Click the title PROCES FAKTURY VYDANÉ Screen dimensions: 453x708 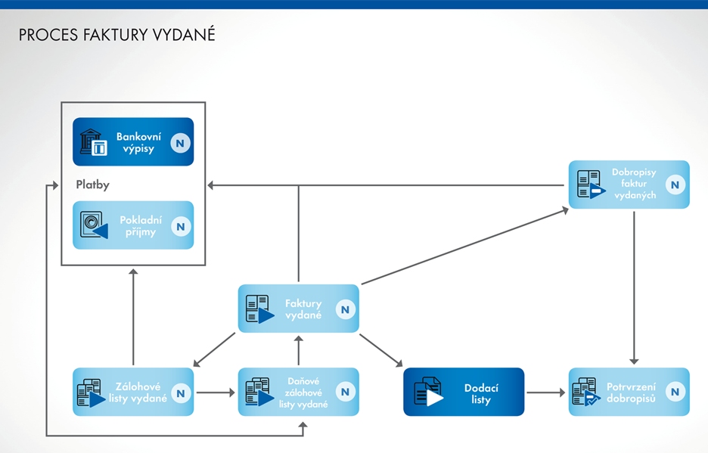click(116, 36)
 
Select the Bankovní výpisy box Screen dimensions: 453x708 click(133, 142)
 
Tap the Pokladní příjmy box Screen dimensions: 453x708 click(133, 225)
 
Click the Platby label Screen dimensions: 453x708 click(92, 185)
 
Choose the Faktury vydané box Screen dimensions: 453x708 click(298, 309)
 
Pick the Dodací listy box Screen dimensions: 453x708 click(463, 392)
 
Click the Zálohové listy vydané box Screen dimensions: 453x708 click(133, 392)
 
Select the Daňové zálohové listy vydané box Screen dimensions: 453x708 click(298, 392)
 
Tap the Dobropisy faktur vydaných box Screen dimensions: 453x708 click(629, 184)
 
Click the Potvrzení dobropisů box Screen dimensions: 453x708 click(629, 392)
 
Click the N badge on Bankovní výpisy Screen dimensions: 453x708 click(180, 143)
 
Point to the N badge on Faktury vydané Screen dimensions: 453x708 click(345, 309)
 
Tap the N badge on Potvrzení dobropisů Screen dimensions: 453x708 click(675, 392)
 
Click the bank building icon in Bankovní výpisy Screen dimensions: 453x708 click(94, 142)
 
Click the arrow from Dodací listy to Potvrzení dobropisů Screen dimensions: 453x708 click(545, 392)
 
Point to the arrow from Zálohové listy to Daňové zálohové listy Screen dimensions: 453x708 click(216, 392)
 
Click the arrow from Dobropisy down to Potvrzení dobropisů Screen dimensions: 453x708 click(635, 287)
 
